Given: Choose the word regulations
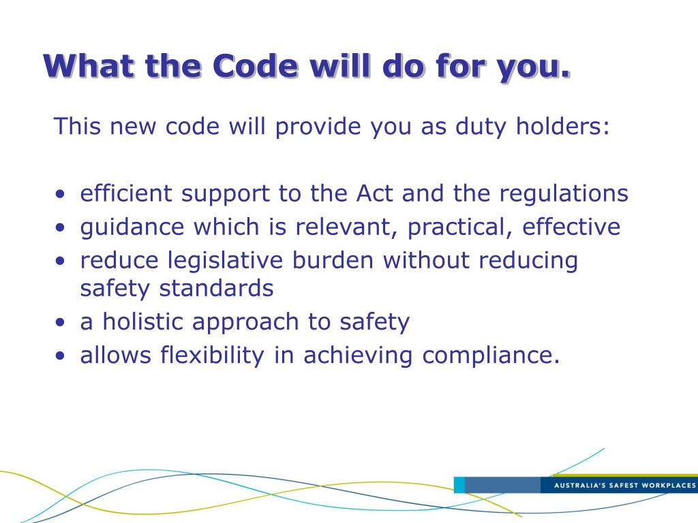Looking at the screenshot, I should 564,195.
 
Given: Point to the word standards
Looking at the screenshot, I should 216,288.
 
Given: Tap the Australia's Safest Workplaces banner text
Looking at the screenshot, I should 624,486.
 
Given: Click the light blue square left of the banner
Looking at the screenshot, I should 459,485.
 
